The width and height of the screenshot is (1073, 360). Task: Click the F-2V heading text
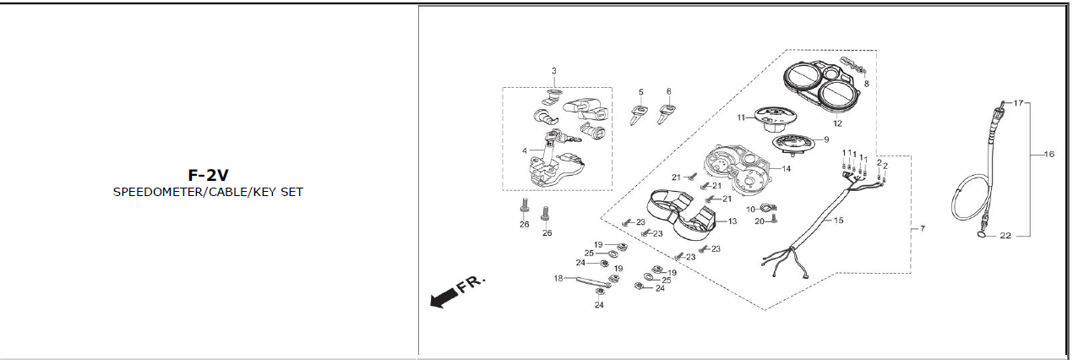pyautogui.click(x=208, y=176)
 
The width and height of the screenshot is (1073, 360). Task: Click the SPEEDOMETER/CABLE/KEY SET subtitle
pyautogui.click(x=208, y=192)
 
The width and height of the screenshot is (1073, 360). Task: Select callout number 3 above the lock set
pyautogui.click(x=554, y=71)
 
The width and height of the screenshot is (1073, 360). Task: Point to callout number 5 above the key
pyautogui.click(x=640, y=92)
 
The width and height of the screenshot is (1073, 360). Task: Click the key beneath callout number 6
pyautogui.click(x=668, y=111)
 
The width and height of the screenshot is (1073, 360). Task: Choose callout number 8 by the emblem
pyautogui.click(x=866, y=84)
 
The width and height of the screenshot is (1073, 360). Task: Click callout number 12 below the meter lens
pyautogui.click(x=837, y=123)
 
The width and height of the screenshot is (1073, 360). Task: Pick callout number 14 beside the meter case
pyautogui.click(x=786, y=169)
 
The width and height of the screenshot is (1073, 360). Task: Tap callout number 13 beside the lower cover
pyautogui.click(x=732, y=221)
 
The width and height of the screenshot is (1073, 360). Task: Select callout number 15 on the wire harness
pyautogui.click(x=839, y=221)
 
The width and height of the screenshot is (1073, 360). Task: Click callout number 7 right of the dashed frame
pyautogui.click(x=922, y=229)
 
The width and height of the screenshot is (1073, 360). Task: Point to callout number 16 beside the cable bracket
pyautogui.click(x=1049, y=155)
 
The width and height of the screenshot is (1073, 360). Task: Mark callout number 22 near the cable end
pyautogui.click(x=1005, y=236)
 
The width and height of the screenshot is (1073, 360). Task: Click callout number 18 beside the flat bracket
pyautogui.click(x=558, y=277)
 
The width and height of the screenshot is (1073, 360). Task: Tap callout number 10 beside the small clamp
pyautogui.click(x=750, y=208)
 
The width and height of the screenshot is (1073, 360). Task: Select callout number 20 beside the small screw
pyautogui.click(x=759, y=221)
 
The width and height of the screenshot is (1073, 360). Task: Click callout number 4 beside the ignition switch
pyautogui.click(x=525, y=151)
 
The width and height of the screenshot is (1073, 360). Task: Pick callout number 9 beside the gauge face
pyautogui.click(x=825, y=139)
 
